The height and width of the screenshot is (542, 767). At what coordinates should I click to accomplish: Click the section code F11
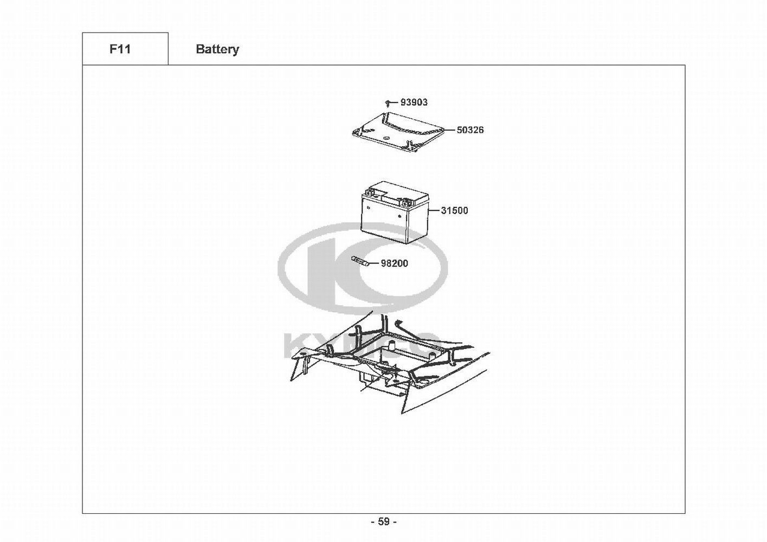(120, 49)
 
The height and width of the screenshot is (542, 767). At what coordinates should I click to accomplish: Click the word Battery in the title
(217, 49)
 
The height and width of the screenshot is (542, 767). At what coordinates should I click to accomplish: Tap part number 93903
(414, 102)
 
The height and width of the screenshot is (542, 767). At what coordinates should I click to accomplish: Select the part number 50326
(470, 130)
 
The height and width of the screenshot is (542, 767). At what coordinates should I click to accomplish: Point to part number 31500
(454, 210)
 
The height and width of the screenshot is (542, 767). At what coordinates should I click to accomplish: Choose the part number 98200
(394, 263)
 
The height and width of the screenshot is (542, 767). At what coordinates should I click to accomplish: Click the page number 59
(383, 521)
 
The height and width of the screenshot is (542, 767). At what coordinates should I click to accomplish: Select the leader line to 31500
(435, 210)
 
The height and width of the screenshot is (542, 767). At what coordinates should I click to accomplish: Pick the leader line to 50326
(450, 130)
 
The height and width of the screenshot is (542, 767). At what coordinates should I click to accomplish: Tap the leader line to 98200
(375, 263)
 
